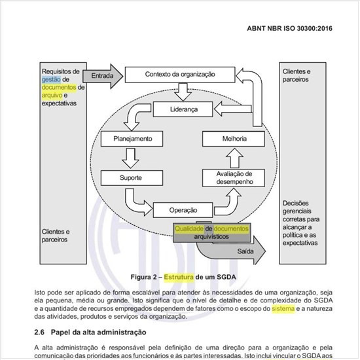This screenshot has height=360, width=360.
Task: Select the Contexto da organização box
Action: [x=179, y=75]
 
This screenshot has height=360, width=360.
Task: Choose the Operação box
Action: [x=183, y=210]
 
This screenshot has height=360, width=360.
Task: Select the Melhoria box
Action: [x=234, y=139]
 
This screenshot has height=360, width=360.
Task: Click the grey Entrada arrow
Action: [x=103, y=75]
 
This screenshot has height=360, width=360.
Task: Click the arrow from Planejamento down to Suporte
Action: [x=127, y=158]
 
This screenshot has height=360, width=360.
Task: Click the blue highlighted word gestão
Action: [x=52, y=79]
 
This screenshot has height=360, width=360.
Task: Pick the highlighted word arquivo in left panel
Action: [x=52, y=95]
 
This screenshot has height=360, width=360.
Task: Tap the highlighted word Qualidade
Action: [x=190, y=228]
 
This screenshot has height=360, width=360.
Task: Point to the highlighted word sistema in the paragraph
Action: [x=281, y=308]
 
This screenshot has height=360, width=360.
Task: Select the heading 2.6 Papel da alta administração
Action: [x=89, y=332]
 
